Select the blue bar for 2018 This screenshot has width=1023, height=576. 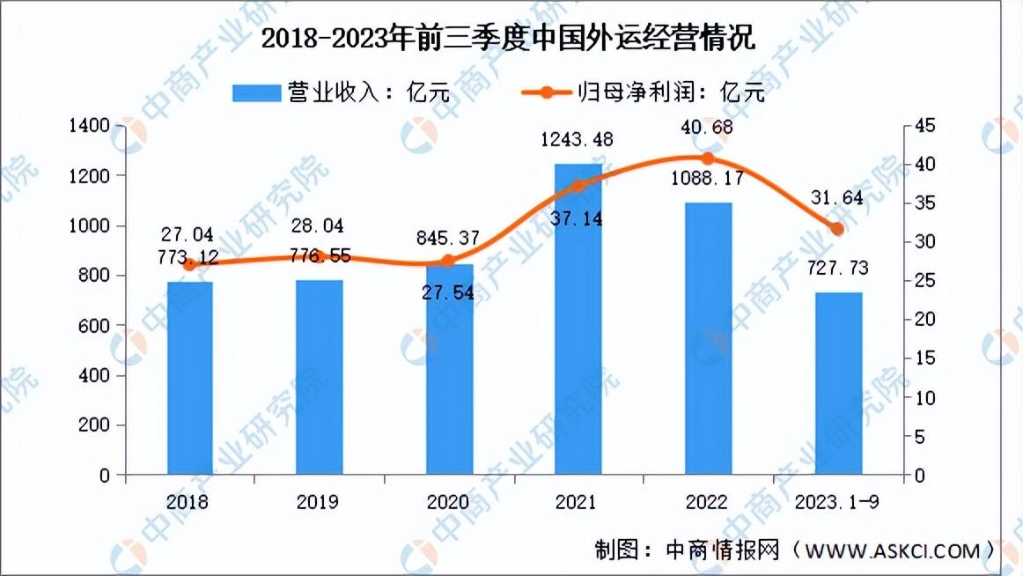(190, 378)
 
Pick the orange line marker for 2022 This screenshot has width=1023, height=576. (708, 159)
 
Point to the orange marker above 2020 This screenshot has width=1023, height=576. (448, 261)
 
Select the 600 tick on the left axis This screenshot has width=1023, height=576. (93, 326)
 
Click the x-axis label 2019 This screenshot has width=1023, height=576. (318, 502)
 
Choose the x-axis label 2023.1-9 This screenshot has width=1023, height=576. (837, 502)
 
